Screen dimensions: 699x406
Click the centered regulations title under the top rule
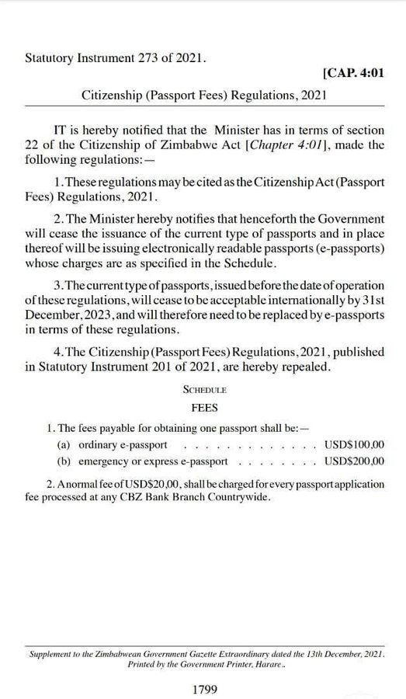tap(203, 95)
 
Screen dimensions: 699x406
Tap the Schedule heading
tap(204, 389)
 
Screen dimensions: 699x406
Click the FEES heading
tap(204, 407)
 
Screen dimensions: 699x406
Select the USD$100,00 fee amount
tap(354, 445)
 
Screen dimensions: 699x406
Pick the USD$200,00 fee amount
tap(354, 461)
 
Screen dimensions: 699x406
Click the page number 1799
tap(204, 688)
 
